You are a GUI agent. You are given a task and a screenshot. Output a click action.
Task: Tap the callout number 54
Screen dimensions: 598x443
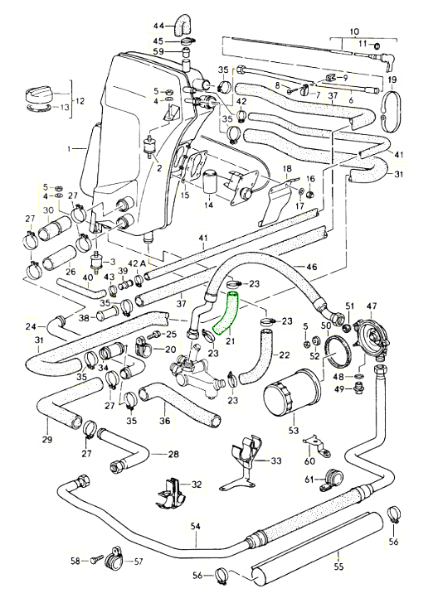pyautogui.click(x=197, y=526)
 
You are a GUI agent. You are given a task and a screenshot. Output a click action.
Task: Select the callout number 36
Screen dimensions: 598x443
pyautogui.click(x=164, y=420)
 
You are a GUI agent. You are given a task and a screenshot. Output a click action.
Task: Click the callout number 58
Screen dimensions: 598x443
pyautogui.click(x=74, y=562)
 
